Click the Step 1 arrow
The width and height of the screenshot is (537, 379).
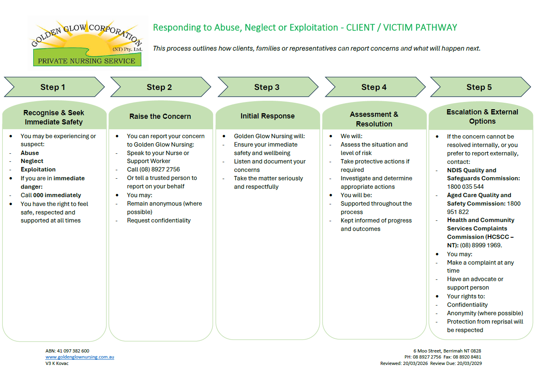pyautogui.click(x=53, y=87)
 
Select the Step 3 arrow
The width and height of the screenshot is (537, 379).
pyautogui.click(x=266, y=87)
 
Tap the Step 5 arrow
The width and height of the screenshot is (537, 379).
pyautogui.click(x=479, y=87)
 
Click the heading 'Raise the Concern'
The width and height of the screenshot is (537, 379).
pyautogui.click(x=160, y=116)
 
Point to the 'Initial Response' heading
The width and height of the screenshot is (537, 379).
pyautogui.click(x=267, y=116)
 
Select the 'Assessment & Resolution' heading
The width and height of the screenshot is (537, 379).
pyautogui.click(x=374, y=119)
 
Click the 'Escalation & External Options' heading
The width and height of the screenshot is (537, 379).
pyautogui.click(x=482, y=116)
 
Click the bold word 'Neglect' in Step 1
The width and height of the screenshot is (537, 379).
pyautogui.click(x=32, y=161)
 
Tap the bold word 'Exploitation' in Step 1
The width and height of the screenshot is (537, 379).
pyautogui.click(x=38, y=169)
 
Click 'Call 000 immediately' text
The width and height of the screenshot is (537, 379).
pyautogui.click(x=51, y=195)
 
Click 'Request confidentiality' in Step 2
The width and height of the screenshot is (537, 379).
pyautogui.click(x=159, y=220)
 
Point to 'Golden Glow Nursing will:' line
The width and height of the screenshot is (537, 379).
pyautogui.click(x=269, y=136)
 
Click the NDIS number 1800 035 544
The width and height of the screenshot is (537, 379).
pyautogui.click(x=465, y=187)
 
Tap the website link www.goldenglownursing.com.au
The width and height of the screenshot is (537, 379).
pyautogui.click(x=80, y=357)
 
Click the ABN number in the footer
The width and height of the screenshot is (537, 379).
pyautogui.click(x=67, y=351)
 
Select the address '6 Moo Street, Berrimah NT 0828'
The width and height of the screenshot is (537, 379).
pyautogui.click(x=447, y=351)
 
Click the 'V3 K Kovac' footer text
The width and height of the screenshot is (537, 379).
pyautogui.click(x=57, y=363)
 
